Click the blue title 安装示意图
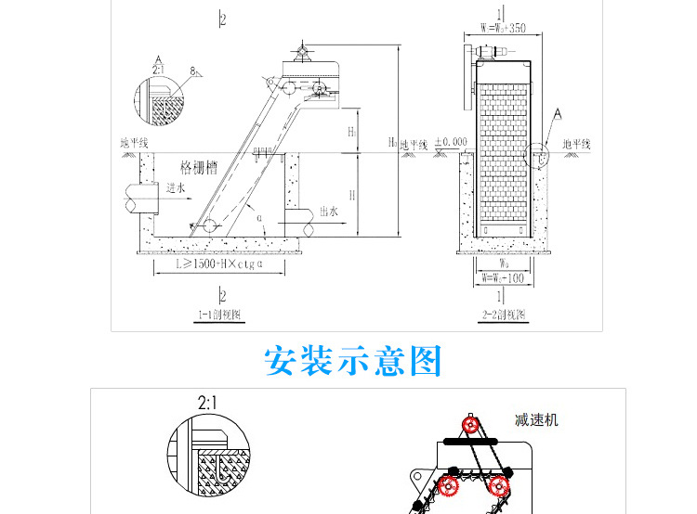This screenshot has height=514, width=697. point(353,361)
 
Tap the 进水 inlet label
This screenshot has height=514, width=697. point(177,187)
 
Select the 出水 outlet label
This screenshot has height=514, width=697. point(327,212)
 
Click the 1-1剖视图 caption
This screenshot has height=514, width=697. point(219,315)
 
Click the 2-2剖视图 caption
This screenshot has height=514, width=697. point(503,315)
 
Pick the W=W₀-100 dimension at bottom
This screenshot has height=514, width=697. point(502,277)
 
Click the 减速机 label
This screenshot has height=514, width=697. point(536,419)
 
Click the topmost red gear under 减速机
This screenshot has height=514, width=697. point(471,426)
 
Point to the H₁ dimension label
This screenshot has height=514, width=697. point(352,132)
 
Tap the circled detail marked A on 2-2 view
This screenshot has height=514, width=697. point(538,155)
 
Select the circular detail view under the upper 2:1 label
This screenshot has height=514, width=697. point(158,97)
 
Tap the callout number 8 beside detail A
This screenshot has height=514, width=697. point(192,70)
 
